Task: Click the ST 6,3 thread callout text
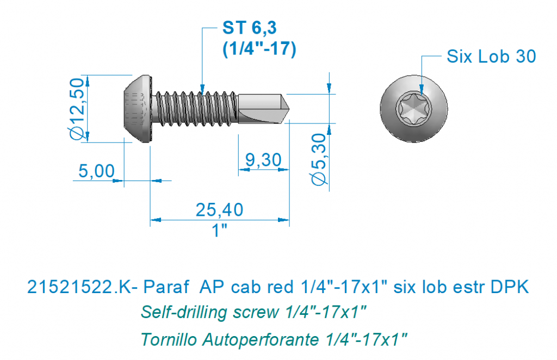point(249,28)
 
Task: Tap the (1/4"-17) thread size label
point(259,48)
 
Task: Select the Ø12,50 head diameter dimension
point(77,109)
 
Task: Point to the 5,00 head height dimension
point(96,171)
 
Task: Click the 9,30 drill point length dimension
point(263,160)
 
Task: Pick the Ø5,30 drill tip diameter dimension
point(319,159)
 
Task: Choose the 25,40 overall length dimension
point(220,209)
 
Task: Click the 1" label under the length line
point(219,231)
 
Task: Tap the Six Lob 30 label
point(491,57)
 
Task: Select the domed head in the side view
point(137,109)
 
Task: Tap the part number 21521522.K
point(79,287)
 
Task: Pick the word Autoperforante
point(261,340)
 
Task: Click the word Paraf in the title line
point(166,287)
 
